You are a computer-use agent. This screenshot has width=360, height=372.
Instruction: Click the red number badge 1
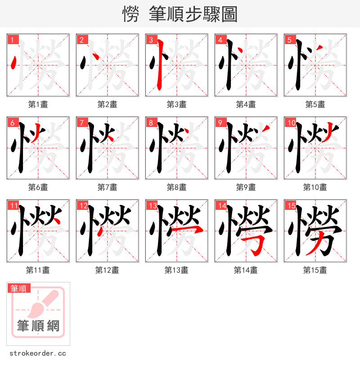13,40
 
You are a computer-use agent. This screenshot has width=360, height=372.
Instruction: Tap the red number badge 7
82,122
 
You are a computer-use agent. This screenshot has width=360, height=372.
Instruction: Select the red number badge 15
290,206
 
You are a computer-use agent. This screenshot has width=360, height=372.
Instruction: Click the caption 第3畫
176,104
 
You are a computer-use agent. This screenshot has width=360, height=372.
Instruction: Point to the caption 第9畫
246,187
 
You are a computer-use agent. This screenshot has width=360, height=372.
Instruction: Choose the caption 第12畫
107,270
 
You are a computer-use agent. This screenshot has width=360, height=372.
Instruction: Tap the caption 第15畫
315,270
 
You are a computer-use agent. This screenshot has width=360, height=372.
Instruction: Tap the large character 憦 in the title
130,14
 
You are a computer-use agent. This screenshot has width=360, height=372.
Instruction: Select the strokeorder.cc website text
38,354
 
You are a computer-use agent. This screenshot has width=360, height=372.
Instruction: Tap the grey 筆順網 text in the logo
38,326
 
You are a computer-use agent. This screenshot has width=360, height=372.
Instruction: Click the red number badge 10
291,122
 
